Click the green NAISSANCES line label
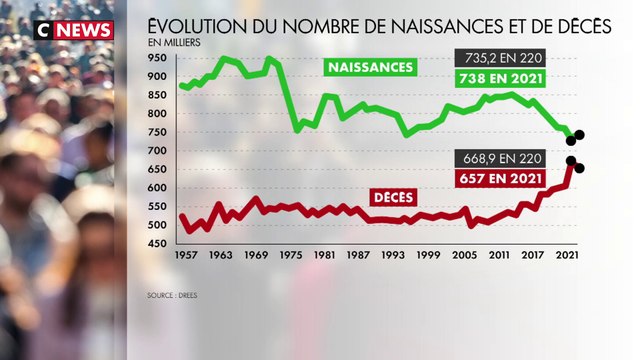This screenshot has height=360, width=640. [x=369, y=68]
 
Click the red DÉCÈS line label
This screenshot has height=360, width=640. [x=394, y=197]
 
